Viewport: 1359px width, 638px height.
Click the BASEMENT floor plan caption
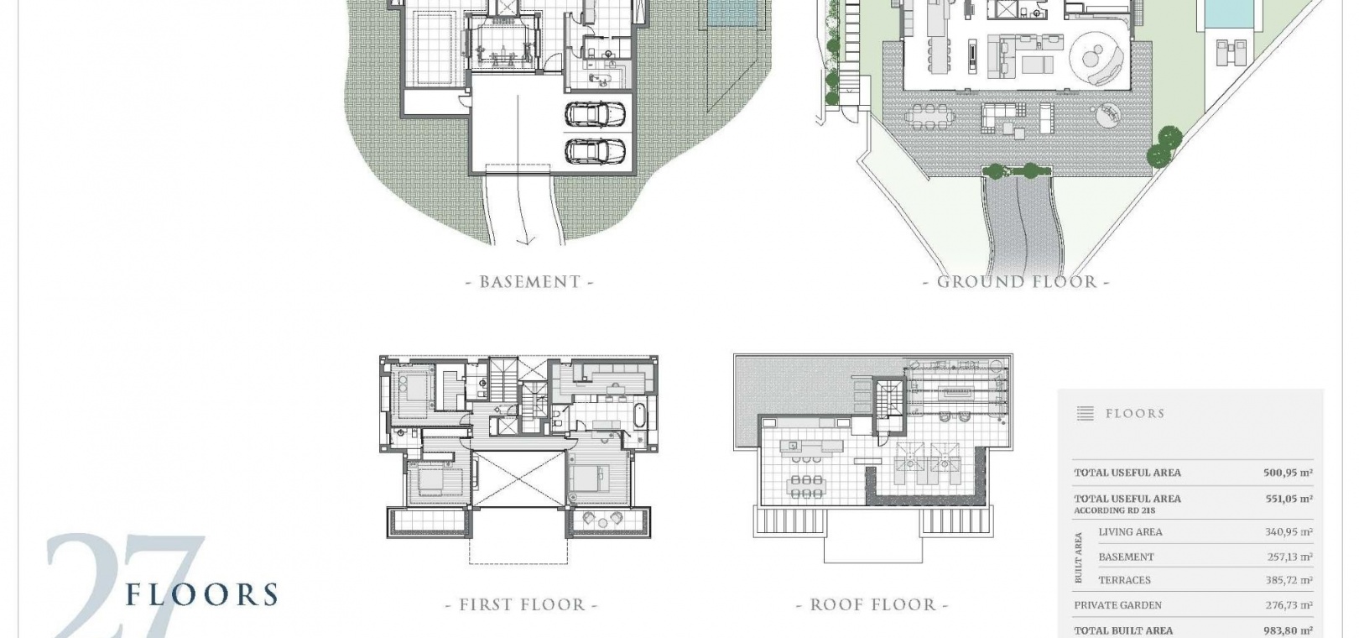click(x=529, y=282)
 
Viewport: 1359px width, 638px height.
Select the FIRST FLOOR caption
click(x=522, y=604)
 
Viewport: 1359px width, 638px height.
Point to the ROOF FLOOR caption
click(x=872, y=604)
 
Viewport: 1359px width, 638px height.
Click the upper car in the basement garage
click(x=595, y=114)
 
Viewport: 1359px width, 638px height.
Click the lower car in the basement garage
click(x=595, y=150)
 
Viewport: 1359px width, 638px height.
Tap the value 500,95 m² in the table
click(x=1288, y=473)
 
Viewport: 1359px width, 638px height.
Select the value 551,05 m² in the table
click(x=1289, y=499)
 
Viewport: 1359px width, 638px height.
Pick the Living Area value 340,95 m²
click(x=1289, y=531)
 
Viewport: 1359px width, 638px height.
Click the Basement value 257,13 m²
click(x=1290, y=557)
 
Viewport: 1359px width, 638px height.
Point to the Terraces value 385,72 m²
click(x=1289, y=580)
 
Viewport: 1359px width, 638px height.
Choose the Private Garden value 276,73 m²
click(x=1289, y=605)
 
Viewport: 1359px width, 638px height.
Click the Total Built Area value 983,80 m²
click(x=1288, y=630)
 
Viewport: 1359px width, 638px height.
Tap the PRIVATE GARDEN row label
click(x=1117, y=605)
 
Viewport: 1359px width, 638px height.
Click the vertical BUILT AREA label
click(x=1079, y=557)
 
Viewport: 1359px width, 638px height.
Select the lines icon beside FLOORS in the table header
click(x=1085, y=413)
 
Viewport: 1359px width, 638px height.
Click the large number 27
click(x=124, y=586)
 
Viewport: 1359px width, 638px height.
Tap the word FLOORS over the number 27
click(x=202, y=594)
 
